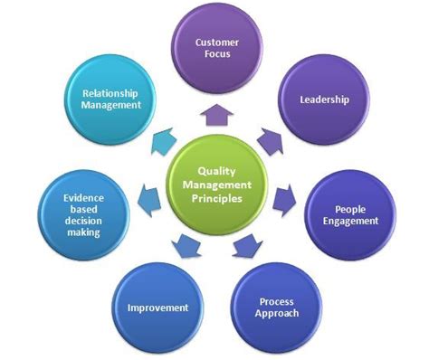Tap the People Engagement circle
[x=348, y=213]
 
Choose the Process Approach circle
[x=279, y=306]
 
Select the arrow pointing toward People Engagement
[x=283, y=195]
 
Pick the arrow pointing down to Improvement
[x=186, y=242]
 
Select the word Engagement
[x=348, y=221]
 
